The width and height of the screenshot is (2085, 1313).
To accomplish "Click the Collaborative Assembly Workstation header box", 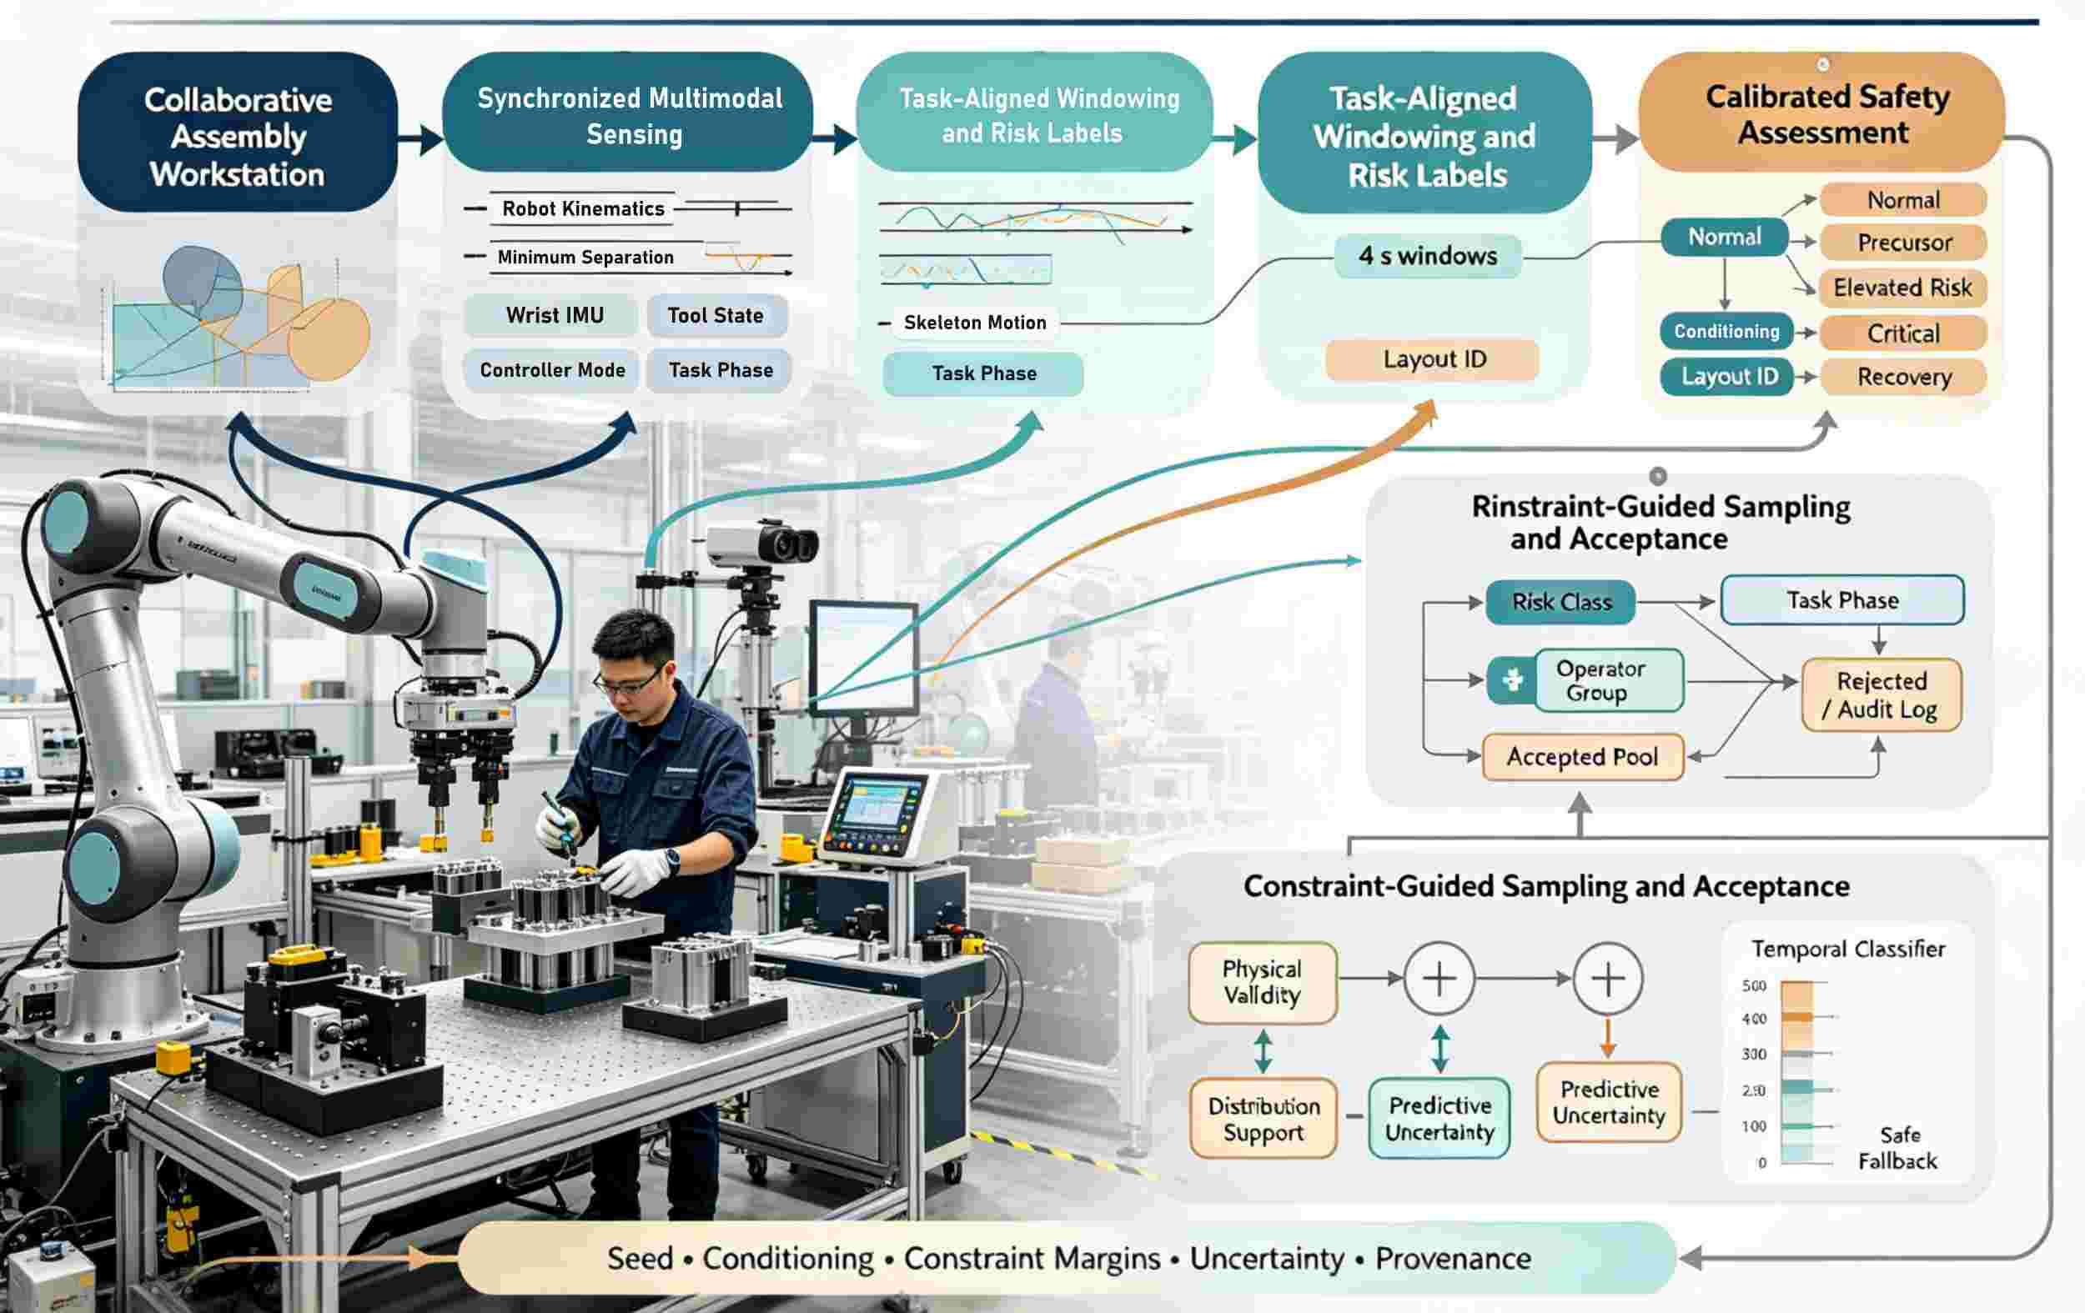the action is click(237, 133).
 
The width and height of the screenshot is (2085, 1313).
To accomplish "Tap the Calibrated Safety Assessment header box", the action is click(1821, 113).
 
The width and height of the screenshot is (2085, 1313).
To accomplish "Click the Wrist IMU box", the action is click(554, 316).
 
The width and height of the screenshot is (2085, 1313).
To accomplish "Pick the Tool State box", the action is click(716, 316).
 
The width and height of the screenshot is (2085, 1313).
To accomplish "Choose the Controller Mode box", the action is click(552, 370).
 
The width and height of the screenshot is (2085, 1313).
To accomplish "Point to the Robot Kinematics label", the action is click(583, 208).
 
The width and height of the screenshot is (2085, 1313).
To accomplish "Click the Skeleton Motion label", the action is click(975, 323).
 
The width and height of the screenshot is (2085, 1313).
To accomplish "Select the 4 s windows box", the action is click(1428, 256).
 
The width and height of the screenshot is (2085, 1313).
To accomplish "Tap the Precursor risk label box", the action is click(1903, 243).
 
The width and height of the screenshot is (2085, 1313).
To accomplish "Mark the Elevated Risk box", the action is click(1903, 288).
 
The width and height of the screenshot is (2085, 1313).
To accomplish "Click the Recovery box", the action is click(1903, 378).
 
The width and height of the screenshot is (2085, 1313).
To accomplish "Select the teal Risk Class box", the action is click(1560, 603).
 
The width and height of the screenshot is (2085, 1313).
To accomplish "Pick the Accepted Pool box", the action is click(1582, 757).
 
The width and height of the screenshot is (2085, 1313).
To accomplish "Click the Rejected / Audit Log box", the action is click(1881, 695).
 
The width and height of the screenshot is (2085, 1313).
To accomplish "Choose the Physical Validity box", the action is click(1263, 982).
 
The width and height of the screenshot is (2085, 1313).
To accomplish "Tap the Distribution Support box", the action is click(1264, 1118).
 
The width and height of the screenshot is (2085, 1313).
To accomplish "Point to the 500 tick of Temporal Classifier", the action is click(1754, 986).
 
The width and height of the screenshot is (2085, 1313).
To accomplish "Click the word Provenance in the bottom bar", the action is click(1453, 1259).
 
